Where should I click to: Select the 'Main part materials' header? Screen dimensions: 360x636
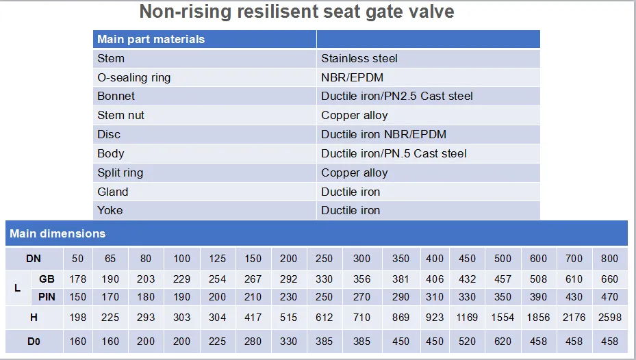(151, 39)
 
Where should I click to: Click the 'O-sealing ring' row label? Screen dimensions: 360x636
(133, 77)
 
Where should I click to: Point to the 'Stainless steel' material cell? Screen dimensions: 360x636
(359, 58)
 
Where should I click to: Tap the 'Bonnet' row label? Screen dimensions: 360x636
(116, 96)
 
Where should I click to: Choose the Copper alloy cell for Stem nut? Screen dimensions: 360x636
(354, 115)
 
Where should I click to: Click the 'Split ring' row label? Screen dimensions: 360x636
(120, 172)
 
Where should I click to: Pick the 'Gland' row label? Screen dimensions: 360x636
(112, 192)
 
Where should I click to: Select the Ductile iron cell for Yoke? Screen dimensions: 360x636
(351, 210)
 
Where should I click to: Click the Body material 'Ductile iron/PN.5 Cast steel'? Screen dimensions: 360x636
(394, 153)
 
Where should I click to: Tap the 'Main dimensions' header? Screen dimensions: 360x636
(58, 233)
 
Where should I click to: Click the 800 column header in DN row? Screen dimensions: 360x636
(609, 259)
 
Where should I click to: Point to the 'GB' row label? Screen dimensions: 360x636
(47, 279)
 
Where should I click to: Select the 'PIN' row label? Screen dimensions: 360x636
(47, 296)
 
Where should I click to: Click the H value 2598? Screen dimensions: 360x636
(609, 318)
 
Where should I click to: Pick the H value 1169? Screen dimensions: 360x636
(467, 318)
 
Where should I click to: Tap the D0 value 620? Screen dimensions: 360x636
(503, 341)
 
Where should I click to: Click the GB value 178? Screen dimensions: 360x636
(78, 279)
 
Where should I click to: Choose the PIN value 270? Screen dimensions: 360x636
(361, 296)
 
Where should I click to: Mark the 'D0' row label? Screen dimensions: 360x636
(34, 341)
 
